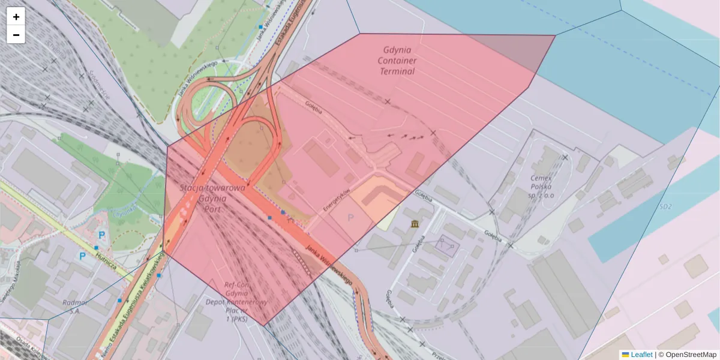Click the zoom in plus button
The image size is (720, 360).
[16, 17]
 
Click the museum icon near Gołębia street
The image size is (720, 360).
[415, 224]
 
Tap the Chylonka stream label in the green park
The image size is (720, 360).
[124, 212]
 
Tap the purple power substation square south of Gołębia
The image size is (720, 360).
[448, 247]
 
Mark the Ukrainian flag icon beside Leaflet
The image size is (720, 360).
[625, 355]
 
